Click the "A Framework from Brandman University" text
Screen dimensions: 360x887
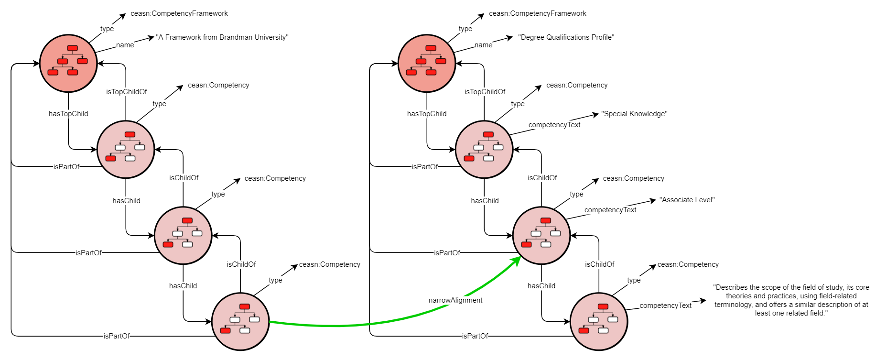[222, 37]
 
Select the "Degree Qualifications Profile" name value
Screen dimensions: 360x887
[566, 37]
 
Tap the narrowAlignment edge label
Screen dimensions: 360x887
[455, 300]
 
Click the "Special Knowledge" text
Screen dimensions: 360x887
[634, 114]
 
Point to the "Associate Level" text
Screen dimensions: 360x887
[687, 200]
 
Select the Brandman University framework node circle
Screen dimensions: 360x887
[68, 63]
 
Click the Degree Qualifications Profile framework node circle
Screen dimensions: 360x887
[427, 63]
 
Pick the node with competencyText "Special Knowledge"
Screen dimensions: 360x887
[484, 150]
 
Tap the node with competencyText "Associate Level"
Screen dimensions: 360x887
[541, 235]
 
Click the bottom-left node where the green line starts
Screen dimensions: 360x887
[240, 321]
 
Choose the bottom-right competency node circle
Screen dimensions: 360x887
[599, 321]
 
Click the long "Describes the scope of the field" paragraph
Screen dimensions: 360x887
[791, 300]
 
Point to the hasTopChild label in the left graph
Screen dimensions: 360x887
[68, 114]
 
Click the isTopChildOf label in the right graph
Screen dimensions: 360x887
[485, 92]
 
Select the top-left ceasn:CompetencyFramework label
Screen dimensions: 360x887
[179, 13]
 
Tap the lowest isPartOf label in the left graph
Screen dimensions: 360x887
[117, 336]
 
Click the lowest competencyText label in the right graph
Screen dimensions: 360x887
[665, 305]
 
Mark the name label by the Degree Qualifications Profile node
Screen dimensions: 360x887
[483, 45]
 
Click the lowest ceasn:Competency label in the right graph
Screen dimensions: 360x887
[688, 264]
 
